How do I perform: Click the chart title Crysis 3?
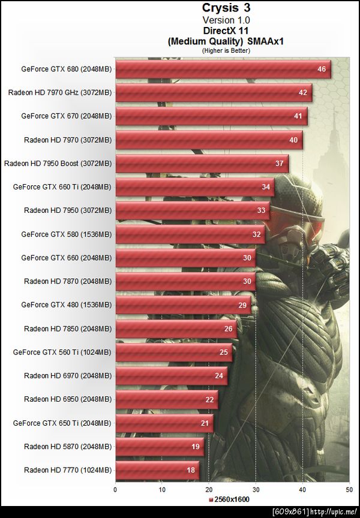(226, 8)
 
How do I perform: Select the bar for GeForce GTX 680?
(223, 69)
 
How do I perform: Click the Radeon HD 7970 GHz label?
(59, 92)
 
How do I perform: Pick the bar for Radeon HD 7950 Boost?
(202, 163)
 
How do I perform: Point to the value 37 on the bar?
(279, 163)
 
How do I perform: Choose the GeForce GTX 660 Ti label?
(62, 187)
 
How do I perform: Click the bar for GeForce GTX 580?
(190, 234)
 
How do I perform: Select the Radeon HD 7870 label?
(67, 281)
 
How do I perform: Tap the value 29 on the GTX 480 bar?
(241, 305)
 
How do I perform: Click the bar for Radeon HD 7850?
(176, 329)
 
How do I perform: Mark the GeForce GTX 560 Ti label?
(62, 352)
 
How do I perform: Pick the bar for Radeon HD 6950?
(166, 399)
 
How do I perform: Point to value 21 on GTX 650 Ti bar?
(204, 423)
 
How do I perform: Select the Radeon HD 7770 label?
(67, 470)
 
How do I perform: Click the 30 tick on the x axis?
(256, 489)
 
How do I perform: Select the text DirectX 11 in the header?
(226, 29)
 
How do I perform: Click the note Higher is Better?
(226, 50)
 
